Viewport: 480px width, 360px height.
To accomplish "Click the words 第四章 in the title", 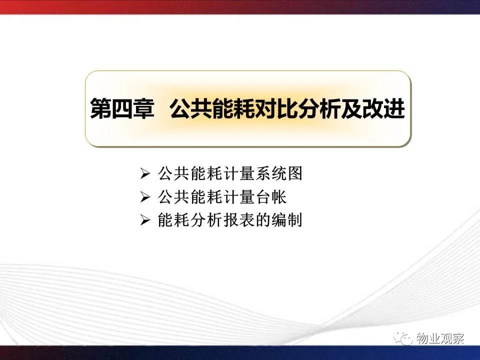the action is point(122,108).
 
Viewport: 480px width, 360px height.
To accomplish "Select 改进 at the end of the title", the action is point(383,108).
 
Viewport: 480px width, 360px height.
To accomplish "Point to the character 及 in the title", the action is point(351,108).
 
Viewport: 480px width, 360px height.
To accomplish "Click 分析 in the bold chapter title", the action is point(319,108).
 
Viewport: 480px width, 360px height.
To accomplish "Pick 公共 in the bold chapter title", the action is point(191,108).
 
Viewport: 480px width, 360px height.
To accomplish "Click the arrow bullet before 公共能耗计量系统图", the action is point(145,174).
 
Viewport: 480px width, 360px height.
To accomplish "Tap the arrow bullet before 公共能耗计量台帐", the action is point(145,197).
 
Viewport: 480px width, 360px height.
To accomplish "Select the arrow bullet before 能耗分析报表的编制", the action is point(145,220).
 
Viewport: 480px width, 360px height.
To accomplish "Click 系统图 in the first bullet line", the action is point(278,173).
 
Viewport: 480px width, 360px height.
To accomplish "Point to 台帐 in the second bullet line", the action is point(270,197).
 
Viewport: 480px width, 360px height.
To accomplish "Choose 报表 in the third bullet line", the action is point(238,220).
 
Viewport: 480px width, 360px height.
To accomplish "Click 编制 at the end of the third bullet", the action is point(286,220).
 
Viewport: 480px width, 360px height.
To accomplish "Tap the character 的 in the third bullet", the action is point(262,220).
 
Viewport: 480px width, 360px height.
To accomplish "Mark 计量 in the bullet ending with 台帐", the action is point(238,197).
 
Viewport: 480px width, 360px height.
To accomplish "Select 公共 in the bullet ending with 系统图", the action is point(174,173).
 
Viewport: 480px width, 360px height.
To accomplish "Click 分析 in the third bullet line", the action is point(205,220).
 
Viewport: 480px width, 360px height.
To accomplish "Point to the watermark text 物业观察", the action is point(440,338).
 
